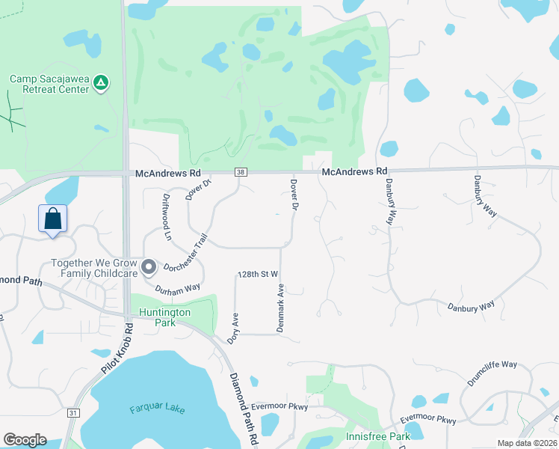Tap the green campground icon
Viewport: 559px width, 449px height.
click(x=102, y=82)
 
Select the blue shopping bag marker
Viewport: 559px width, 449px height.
click(x=52, y=219)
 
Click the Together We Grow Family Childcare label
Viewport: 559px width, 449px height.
click(x=94, y=268)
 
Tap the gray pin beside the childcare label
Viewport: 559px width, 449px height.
click(x=149, y=267)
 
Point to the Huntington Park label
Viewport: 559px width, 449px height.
click(x=161, y=317)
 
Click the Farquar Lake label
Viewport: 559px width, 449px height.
click(x=156, y=409)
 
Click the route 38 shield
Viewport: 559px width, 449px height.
click(x=240, y=172)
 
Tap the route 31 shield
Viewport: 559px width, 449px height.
click(x=72, y=412)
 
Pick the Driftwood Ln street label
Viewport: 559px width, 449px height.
click(x=167, y=216)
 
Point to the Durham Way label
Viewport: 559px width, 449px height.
click(x=178, y=287)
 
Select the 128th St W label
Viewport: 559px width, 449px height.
click(x=258, y=275)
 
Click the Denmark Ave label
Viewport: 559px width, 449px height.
click(x=282, y=308)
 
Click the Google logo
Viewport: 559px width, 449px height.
click(x=25, y=440)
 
